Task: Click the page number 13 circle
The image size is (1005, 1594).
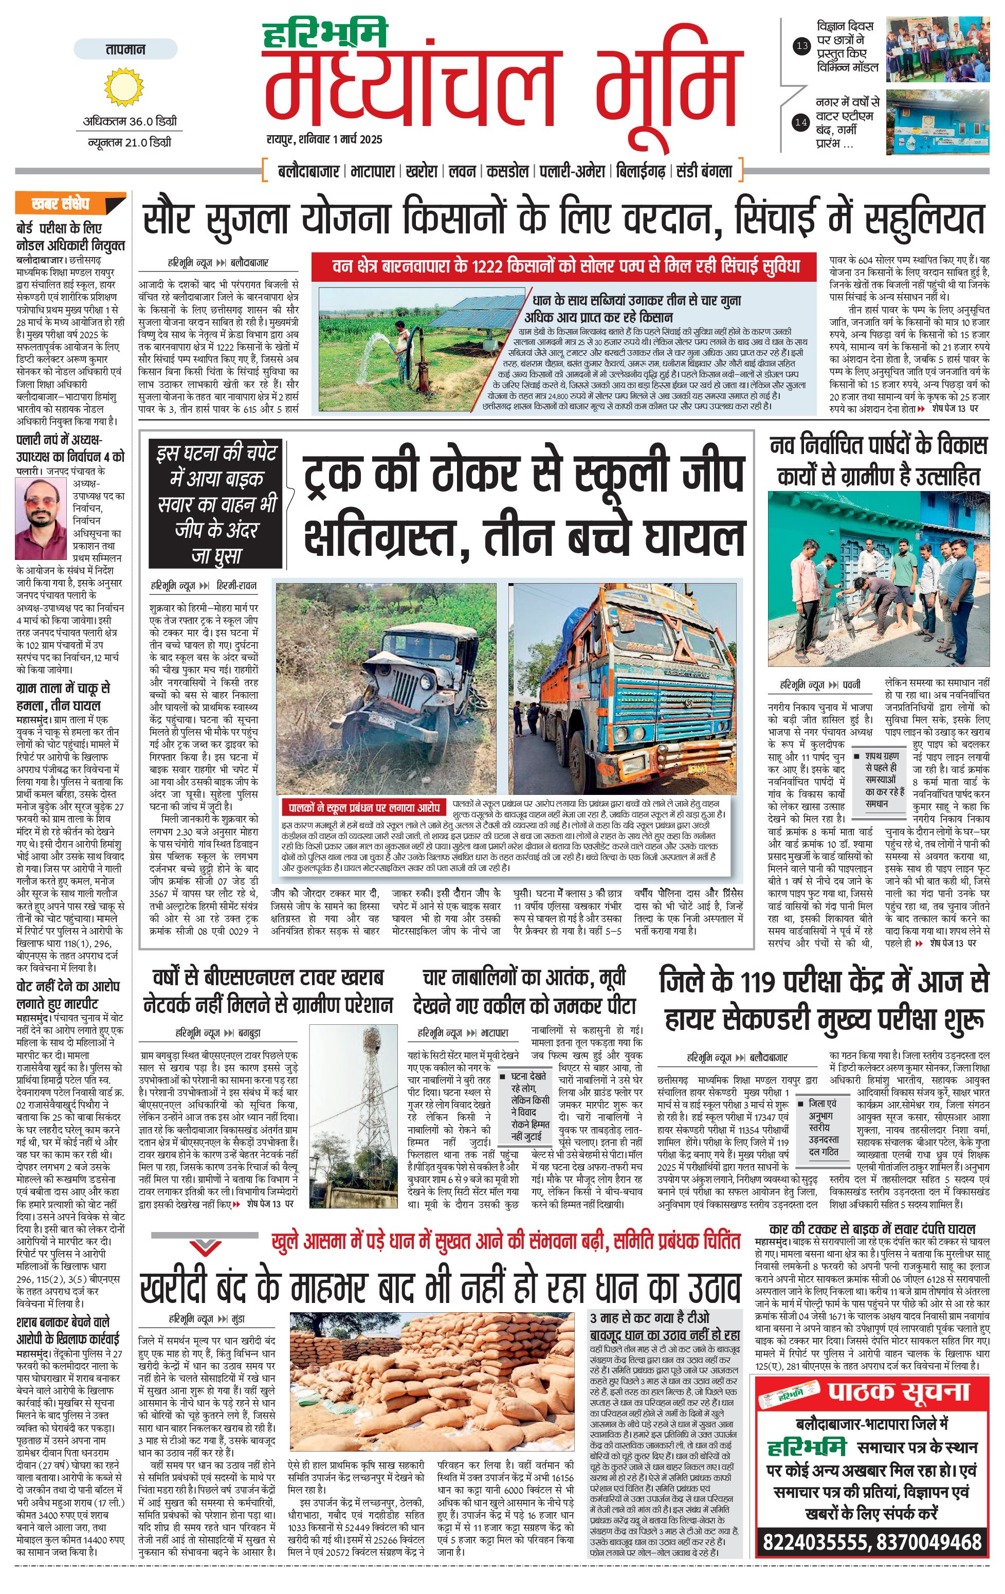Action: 802,46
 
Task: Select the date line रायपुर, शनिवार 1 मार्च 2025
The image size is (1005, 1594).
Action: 324,140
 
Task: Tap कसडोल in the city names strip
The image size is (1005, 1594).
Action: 507,171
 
